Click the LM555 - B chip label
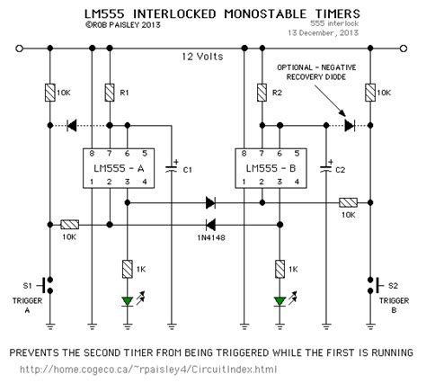pyautogui.click(x=261, y=169)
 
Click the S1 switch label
pyautogui.click(x=27, y=286)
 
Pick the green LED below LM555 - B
pyautogui.click(x=282, y=299)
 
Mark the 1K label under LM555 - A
pyautogui.click(x=146, y=269)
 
